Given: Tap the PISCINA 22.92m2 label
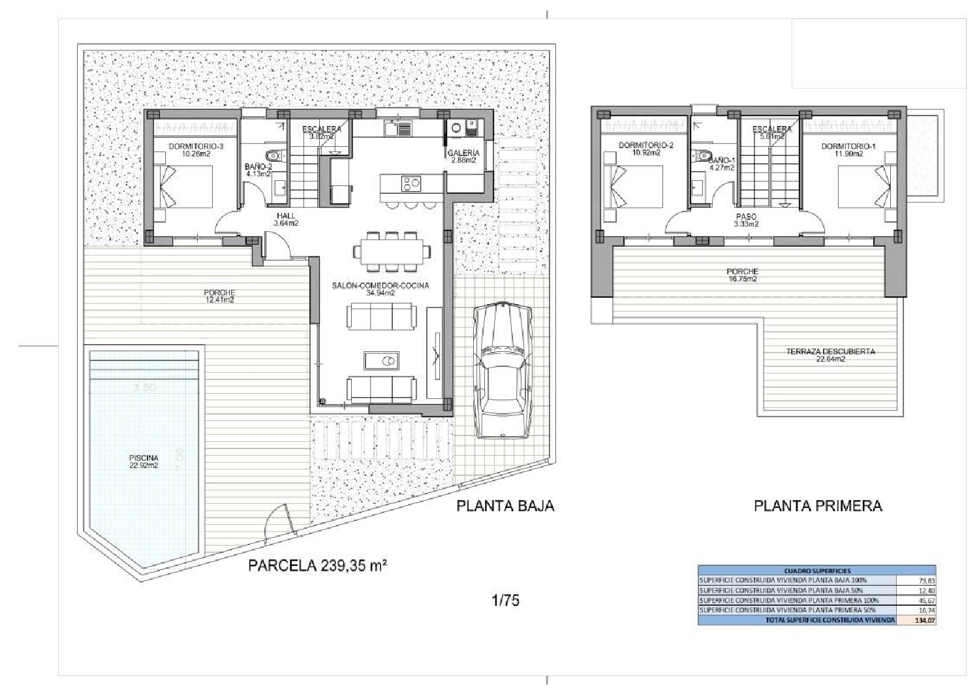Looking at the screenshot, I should click(144, 462).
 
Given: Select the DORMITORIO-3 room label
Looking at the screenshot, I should click(196, 151).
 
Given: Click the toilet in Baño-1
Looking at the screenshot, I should click(702, 155).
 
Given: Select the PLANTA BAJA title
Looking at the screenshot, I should click(505, 505).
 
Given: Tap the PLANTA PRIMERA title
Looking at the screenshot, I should click(818, 505).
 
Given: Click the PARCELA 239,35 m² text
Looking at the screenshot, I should click(317, 565).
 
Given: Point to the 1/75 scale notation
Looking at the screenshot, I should click(505, 600).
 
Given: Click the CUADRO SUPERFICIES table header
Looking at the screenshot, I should click(816, 570).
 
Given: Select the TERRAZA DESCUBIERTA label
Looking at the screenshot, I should click(830, 355).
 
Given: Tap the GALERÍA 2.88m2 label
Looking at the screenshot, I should click(463, 157).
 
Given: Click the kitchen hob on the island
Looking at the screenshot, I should click(411, 184).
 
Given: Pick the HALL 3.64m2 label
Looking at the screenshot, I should click(286, 219).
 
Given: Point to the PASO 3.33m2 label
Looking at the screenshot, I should click(746, 220).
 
